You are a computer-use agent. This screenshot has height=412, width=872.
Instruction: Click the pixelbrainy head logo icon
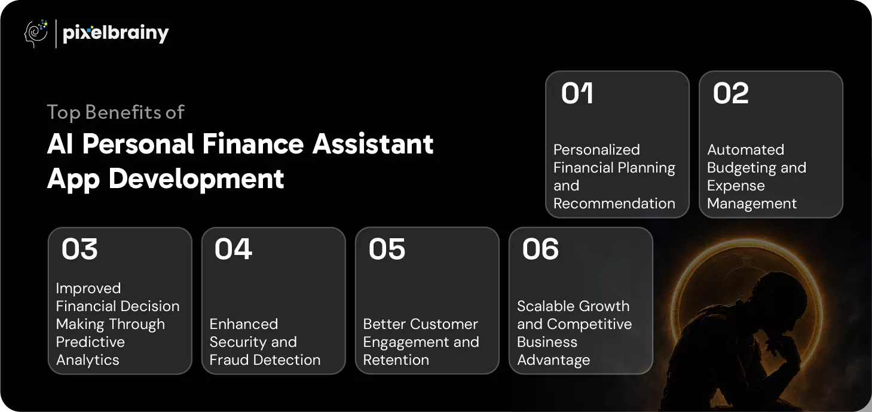(x=36, y=33)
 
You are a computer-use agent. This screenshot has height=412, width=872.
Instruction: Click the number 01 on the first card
(x=577, y=93)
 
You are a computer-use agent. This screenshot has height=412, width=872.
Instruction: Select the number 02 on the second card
(x=731, y=93)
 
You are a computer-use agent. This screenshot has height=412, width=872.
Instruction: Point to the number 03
(x=79, y=249)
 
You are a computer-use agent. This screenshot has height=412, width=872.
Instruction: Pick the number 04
(x=233, y=249)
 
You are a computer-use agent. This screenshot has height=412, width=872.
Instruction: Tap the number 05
(x=387, y=249)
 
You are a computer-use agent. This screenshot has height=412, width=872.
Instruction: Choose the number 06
(x=540, y=249)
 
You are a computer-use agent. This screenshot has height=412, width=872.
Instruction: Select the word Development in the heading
(x=196, y=179)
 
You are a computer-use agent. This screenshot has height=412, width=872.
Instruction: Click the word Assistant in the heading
(x=373, y=144)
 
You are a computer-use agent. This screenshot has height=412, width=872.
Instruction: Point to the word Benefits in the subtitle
(x=123, y=112)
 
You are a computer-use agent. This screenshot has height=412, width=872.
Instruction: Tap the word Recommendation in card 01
(x=614, y=204)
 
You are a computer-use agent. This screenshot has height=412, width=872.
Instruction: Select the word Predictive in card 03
(x=90, y=342)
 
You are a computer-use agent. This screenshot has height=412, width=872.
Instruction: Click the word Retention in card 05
(x=396, y=360)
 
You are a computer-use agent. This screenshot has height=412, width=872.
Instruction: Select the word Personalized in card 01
(x=597, y=150)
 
